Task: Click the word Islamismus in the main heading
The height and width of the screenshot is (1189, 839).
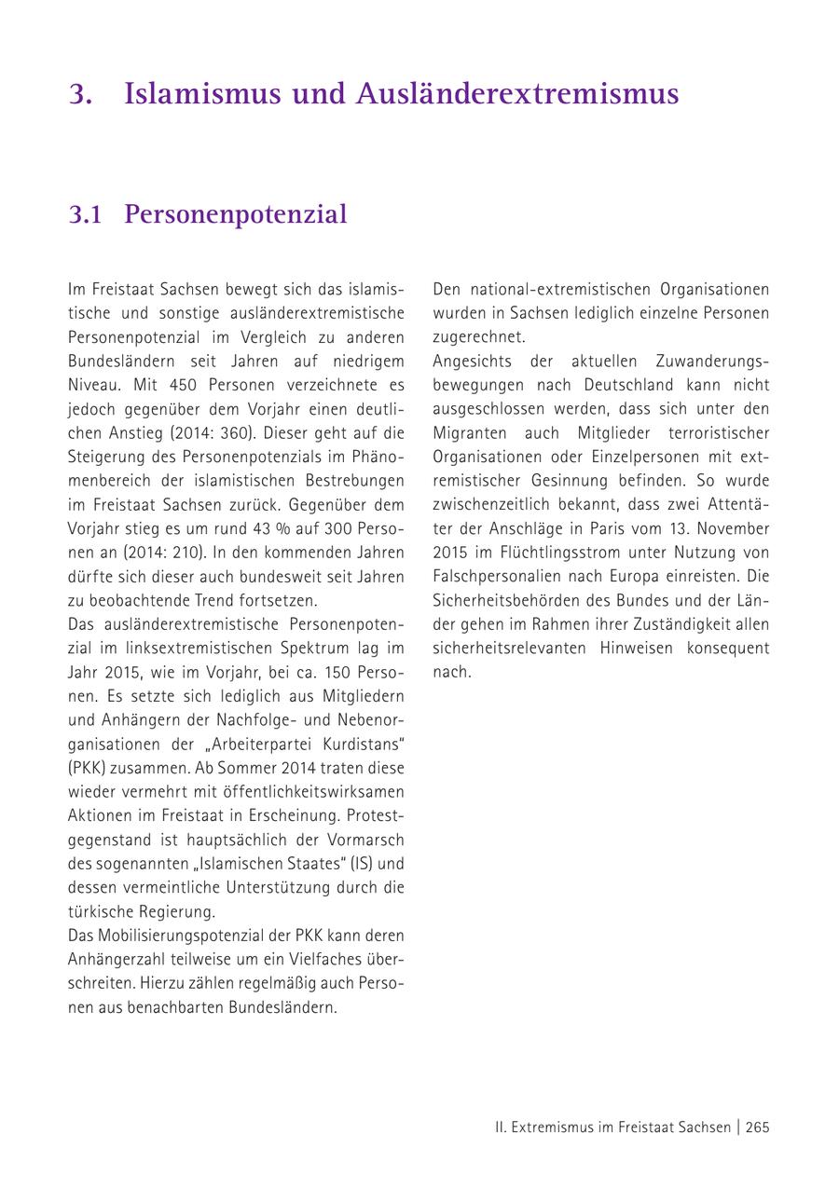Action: tap(201, 94)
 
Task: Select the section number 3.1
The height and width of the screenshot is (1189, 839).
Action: tap(85, 214)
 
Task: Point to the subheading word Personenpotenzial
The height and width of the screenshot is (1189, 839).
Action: tap(235, 214)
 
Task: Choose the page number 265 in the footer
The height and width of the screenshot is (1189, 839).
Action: tap(757, 1127)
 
